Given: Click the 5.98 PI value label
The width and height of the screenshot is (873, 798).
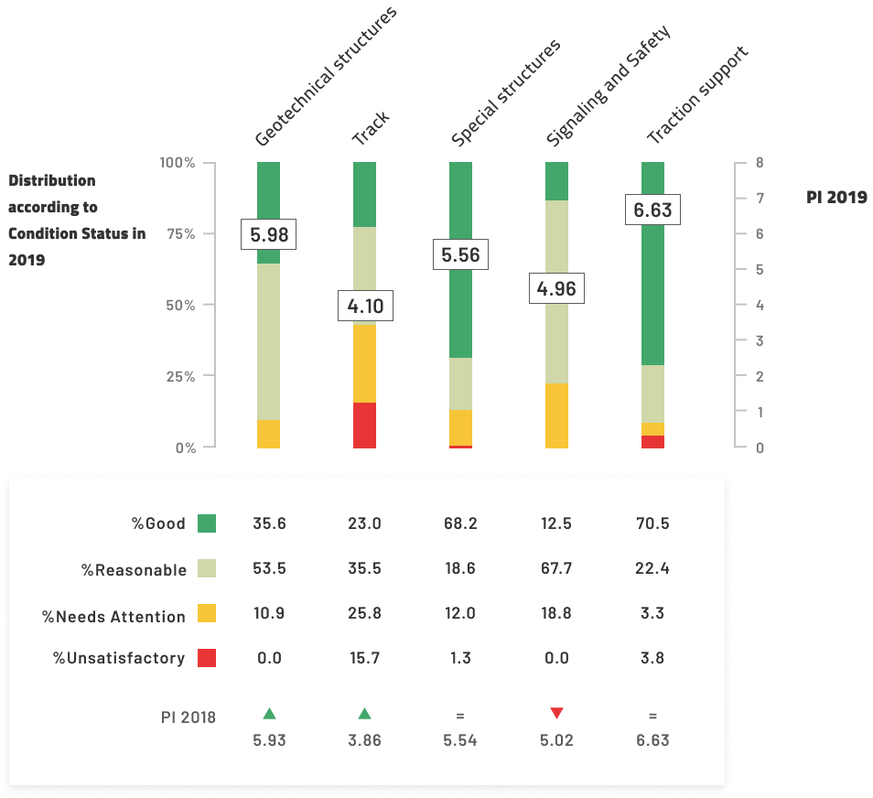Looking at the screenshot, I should click(x=269, y=235).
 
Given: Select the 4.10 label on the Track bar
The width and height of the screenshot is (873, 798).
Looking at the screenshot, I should click(x=364, y=307).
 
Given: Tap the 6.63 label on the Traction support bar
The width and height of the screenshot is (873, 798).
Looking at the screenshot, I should click(x=652, y=210).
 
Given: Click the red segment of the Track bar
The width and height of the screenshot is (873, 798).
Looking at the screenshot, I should click(x=364, y=425).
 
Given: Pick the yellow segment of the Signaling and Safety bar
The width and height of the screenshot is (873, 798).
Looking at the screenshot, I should click(x=556, y=415).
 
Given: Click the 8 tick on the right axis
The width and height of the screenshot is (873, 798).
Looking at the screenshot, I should click(x=760, y=163).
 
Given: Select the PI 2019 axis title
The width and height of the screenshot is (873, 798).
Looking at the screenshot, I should click(x=836, y=197).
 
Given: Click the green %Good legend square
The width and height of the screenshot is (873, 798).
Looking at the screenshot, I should click(x=207, y=523).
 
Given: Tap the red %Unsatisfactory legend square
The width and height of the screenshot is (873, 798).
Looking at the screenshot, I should click(x=207, y=658).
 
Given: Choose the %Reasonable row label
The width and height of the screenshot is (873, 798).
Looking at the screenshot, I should click(x=134, y=570).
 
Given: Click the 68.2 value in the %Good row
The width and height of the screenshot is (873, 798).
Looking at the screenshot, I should click(x=459, y=524).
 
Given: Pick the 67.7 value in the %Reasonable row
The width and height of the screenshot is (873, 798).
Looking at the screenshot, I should click(x=556, y=568).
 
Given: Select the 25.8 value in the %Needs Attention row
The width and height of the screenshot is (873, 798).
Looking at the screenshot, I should click(x=364, y=613).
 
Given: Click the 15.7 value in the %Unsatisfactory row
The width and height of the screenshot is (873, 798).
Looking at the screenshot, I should click(x=364, y=658).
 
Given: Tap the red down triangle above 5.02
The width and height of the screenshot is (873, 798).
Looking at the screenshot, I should click(x=556, y=714).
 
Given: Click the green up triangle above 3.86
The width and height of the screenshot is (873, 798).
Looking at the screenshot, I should click(x=364, y=714).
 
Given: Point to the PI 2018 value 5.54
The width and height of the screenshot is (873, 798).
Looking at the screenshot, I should click(x=459, y=740).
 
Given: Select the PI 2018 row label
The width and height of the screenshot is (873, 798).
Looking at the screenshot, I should click(x=189, y=717).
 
